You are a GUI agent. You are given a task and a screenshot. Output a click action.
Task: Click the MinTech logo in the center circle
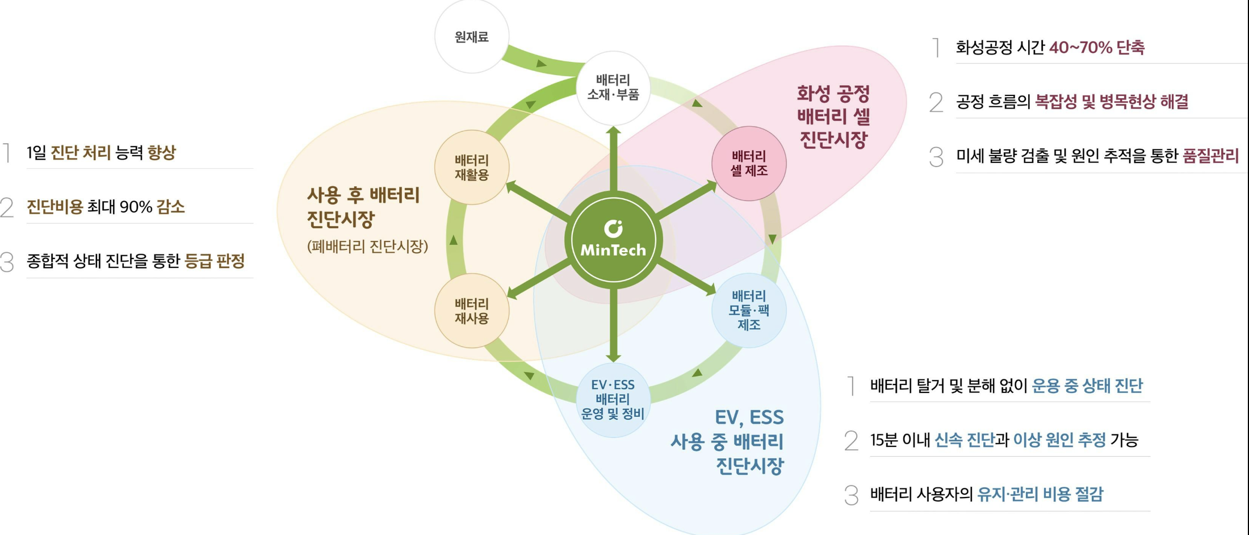coord(613,239)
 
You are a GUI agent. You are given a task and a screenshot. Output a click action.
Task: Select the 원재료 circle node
coord(471,37)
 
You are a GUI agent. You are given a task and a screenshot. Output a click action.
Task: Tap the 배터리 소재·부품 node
coord(613,87)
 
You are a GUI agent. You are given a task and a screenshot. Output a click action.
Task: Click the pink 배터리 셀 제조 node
coord(749,164)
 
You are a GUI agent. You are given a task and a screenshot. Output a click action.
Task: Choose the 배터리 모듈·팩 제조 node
coord(749,310)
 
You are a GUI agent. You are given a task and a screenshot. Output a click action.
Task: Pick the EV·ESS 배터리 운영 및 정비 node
coord(613,399)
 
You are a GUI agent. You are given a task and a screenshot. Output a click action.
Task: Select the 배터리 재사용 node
coord(471,311)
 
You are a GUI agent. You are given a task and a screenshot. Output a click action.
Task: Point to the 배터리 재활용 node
coord(471,168)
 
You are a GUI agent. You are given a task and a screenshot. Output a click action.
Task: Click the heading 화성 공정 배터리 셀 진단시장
coord(833,116)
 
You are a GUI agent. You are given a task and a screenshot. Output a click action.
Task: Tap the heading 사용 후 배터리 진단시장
coord(363,207)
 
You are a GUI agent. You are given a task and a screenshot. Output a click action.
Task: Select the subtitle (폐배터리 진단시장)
coord(367,246)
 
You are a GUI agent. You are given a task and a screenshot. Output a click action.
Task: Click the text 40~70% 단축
coord(1097,47)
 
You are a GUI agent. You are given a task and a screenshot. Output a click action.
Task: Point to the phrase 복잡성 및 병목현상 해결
coord(1111,102)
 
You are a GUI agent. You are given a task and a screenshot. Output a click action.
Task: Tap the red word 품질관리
coord(1210,156)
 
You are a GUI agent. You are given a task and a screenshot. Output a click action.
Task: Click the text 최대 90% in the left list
coord(119,207)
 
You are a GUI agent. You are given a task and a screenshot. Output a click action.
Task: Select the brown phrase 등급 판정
coord(215,261)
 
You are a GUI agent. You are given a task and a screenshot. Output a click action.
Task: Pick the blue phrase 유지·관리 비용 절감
coord(1040,494)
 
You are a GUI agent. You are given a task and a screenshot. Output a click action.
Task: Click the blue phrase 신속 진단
coord(964,440)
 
